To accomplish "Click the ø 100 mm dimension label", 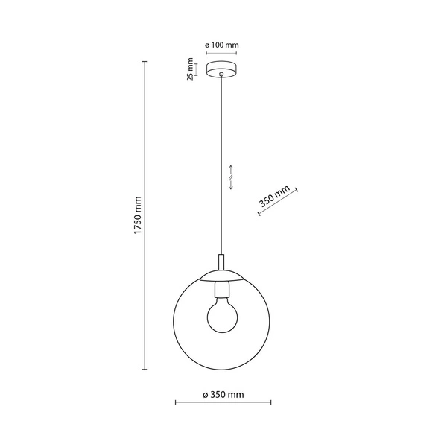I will click(223, 46).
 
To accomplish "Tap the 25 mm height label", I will click(191, 71).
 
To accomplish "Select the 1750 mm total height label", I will click(137, 217).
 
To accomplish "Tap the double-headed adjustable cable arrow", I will click(232, 178).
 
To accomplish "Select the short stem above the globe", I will click(221, 262).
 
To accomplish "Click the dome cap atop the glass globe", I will click(221, 275).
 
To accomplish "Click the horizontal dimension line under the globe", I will click(222, 403).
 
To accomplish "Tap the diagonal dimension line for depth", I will click(278, 203).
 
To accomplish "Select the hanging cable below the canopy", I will click(221, 164).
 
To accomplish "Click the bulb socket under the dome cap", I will click(221, 285).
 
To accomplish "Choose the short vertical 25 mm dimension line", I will click(200, 72).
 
